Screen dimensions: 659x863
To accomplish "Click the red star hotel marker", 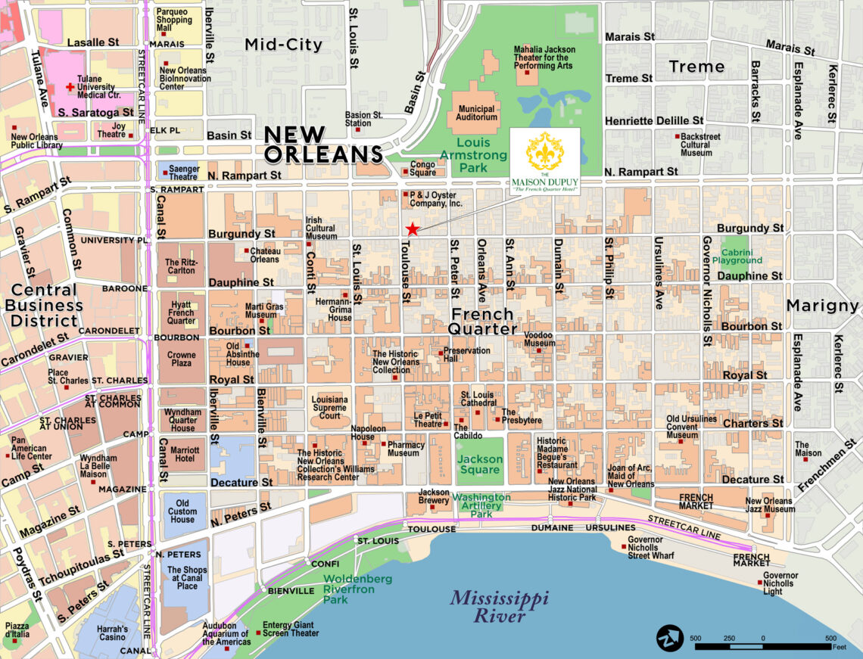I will [412, 228].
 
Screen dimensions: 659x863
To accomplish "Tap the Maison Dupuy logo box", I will [545, 163].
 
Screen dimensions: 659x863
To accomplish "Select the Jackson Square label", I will [480, 465].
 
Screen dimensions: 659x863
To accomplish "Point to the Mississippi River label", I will [499, 607].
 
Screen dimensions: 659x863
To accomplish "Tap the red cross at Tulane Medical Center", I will [71, 88].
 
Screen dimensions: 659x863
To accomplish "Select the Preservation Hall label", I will [466, 355].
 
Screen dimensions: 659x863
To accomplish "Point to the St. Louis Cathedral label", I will [478, 399].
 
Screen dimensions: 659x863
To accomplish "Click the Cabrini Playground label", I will [741, 256].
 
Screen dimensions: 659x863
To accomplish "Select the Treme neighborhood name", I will [696, 67].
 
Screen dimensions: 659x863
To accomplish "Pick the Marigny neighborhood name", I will [822, 306].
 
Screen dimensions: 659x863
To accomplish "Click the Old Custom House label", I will [182, 511].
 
